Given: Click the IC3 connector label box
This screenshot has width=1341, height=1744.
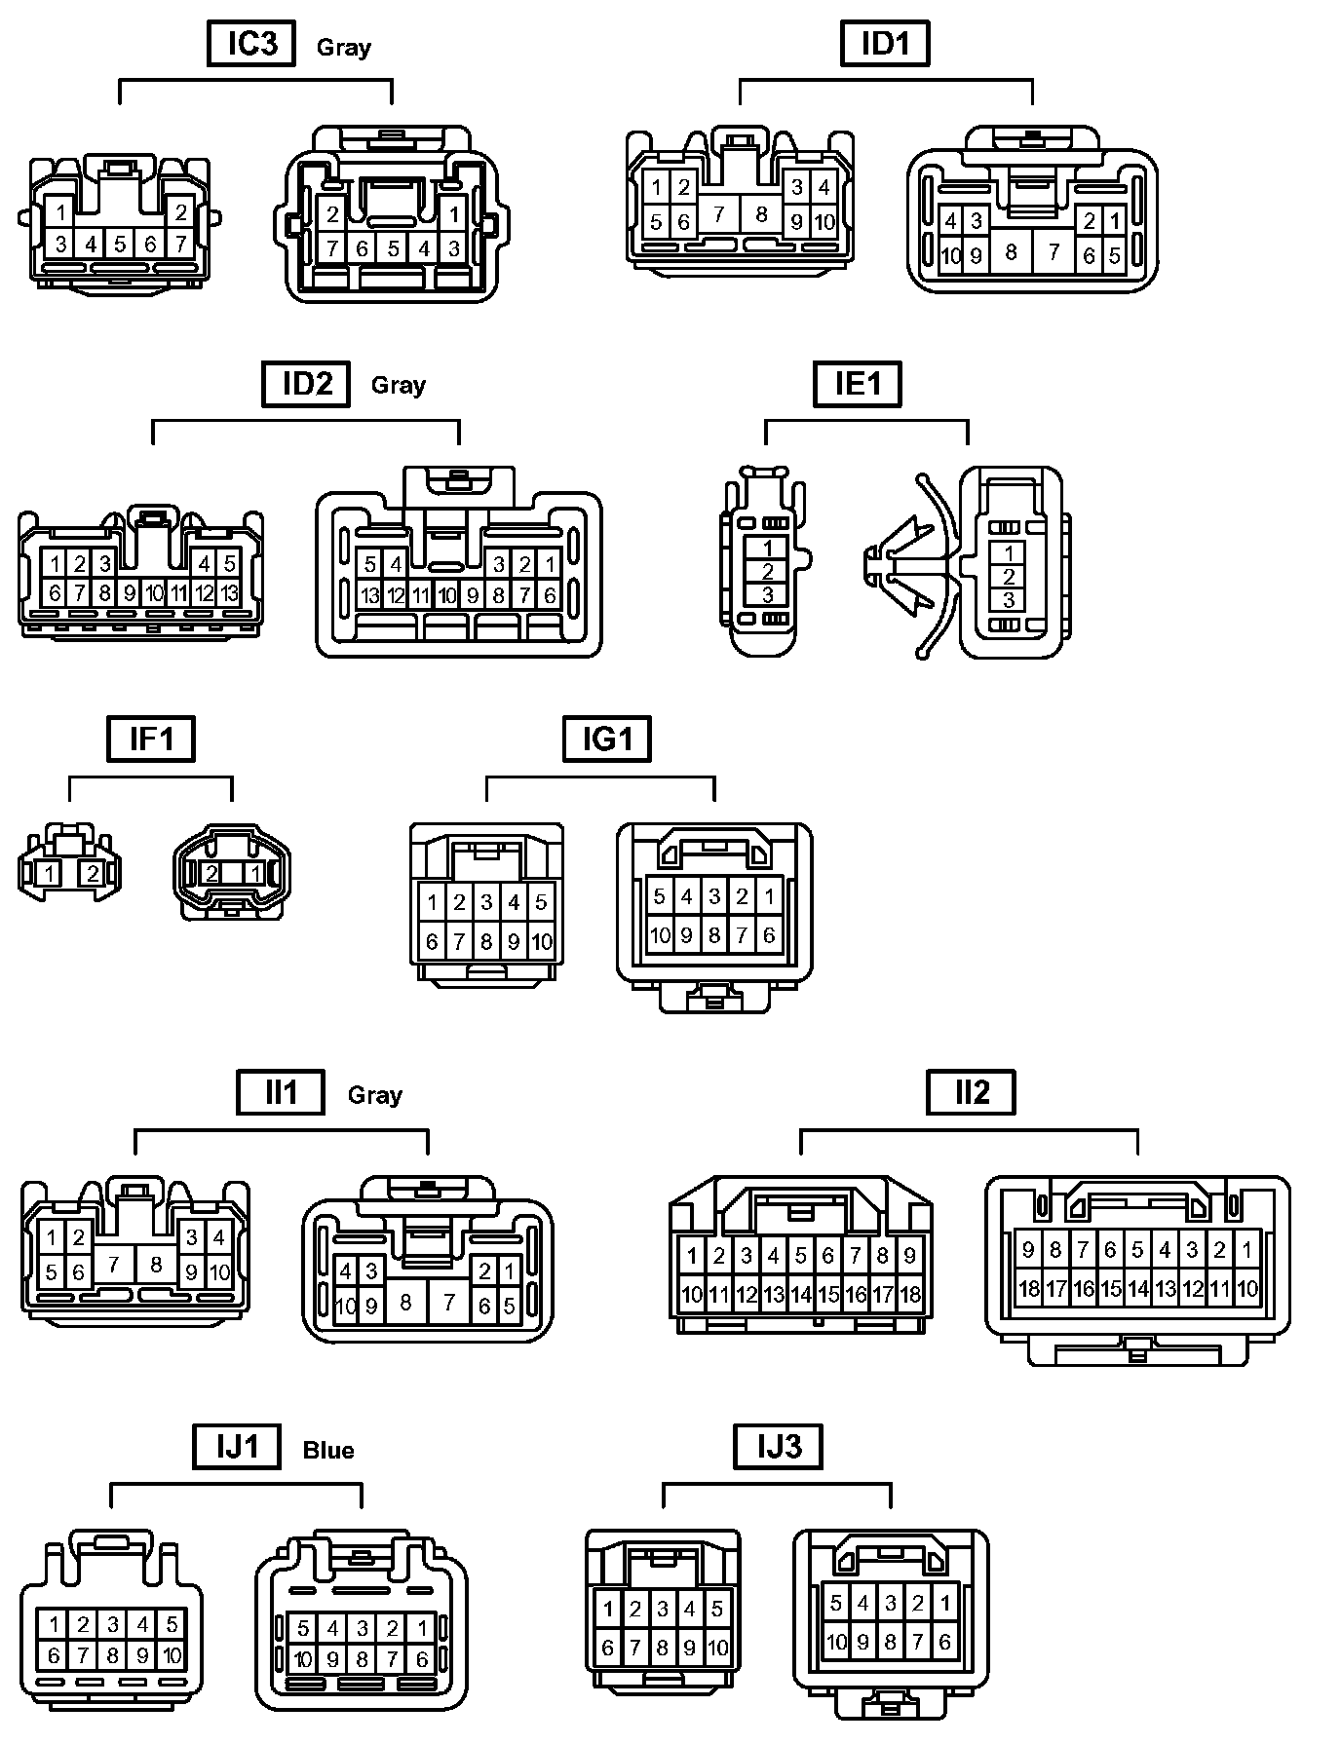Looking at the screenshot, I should pyautogui.click(x=251, y=44).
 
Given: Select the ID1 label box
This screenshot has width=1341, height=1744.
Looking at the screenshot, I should pyautogui.click(x=884, y=44).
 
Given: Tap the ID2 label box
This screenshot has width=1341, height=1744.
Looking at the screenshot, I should pyautogui.click(x=306, y=383).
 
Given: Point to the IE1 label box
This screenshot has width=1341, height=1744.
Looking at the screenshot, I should pyautogui.click(x=857, y=383).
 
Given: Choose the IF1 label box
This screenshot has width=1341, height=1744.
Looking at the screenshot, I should pyautogui.click(x=151, y=739).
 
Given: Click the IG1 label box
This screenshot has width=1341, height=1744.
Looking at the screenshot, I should pyautogui.click(x=607, y=739).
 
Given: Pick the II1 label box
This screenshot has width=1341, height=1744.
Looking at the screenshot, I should pyautogui.click(x=281, y=1092).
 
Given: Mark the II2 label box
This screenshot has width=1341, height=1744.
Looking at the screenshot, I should pyautogui.click(x=971, y=1092).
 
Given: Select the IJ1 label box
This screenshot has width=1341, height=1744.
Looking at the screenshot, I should pyautogui.click(x=237, y=1446).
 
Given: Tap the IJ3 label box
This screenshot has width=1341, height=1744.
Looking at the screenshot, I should pyautogui.click(x=778, y=1446).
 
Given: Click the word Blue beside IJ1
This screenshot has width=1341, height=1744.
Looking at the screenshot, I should pyautogui.click(x=328, y=1451).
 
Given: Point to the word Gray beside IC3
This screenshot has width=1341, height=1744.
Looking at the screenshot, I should pyautogui.click(x=344, y=47).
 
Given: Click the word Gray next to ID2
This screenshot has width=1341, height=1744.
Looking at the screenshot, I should pyautogui.click(x=399, y=385).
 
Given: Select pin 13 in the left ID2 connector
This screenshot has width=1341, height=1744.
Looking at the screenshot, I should pyautogui.click(x=229, y=592).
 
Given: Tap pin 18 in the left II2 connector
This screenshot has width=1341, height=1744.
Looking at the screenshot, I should pyautogui.click(x=910, y=1295).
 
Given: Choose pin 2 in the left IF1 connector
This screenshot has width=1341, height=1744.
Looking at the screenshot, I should pyautogui.click(x=93, y=874).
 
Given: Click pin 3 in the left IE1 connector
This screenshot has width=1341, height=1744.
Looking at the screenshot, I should pyautogui.click(x=768, y=594).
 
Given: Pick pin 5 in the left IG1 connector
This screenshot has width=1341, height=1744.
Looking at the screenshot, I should pyautogui.click(x=541, y=901).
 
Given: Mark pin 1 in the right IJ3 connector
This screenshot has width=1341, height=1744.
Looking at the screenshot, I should pyautogui.click(x=944, y=1602).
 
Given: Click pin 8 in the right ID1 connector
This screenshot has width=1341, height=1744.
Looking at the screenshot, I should pyautogui.click(x=1011, y=252).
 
